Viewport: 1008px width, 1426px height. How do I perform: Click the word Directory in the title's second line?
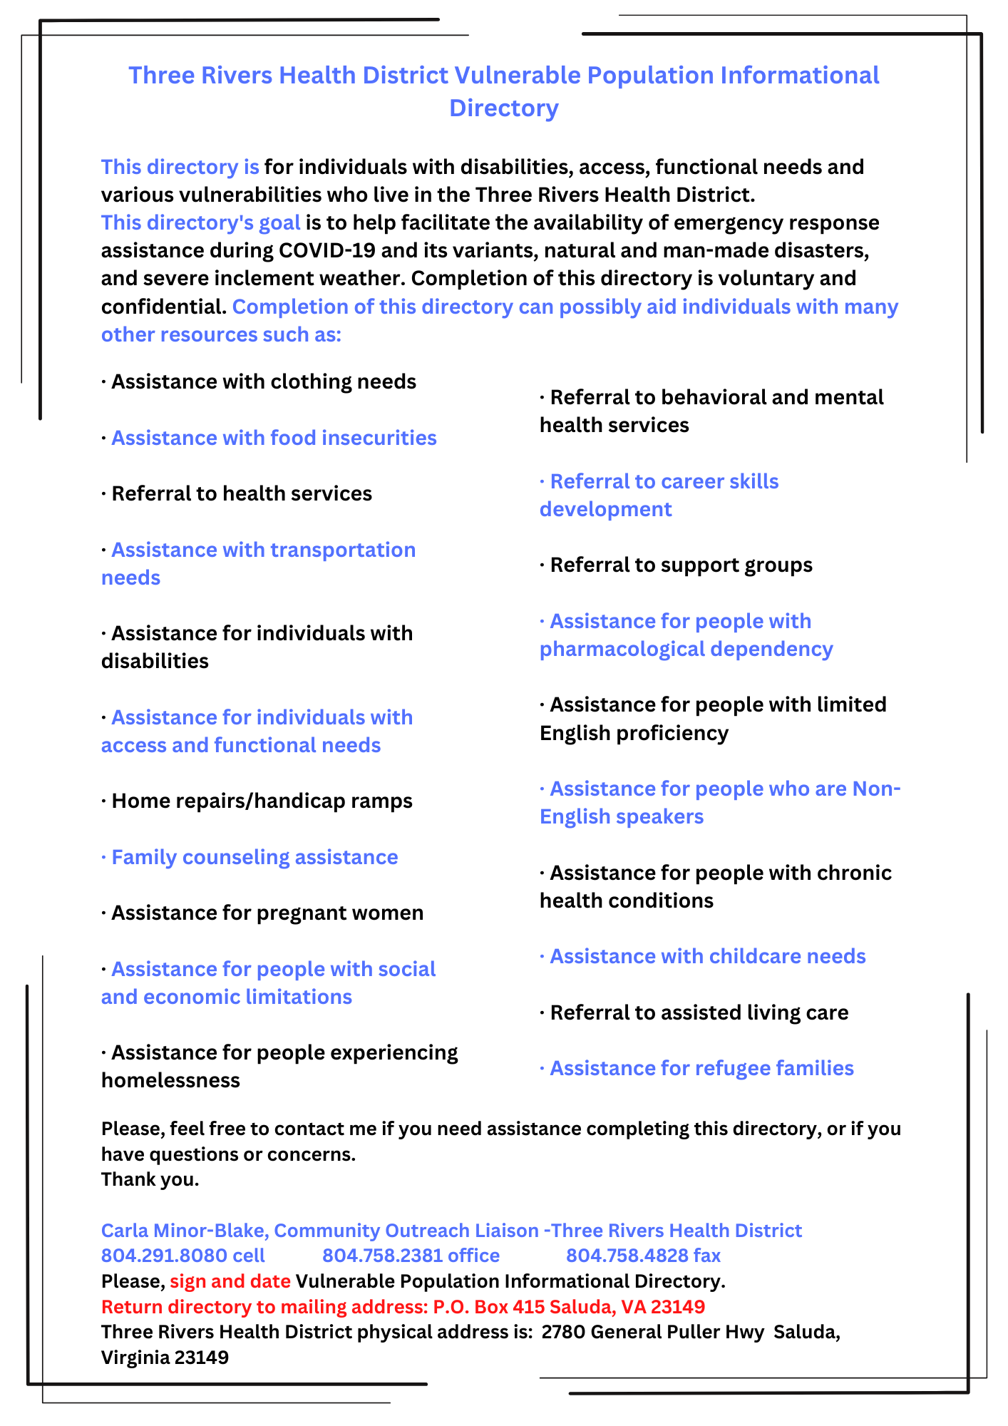(503, 108)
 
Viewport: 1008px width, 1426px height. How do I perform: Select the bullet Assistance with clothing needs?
(259, 382)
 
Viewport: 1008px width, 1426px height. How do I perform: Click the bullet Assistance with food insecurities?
(269, 438)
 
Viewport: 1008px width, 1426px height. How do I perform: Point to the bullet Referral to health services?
(237, 494)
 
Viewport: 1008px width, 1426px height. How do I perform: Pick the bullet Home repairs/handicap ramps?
(257, 801)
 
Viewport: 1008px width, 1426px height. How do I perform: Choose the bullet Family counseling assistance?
(250, 858)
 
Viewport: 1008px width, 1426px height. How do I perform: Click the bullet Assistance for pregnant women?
(262, 913)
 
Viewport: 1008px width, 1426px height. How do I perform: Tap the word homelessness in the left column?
(170, 1081)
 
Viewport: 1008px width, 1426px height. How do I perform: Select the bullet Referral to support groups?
(676, 565)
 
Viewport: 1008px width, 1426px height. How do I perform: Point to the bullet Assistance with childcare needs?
(703, 957)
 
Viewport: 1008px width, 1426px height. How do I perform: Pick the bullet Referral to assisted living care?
(694, 1013)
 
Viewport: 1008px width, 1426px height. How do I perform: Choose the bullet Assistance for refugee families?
(696, 1069)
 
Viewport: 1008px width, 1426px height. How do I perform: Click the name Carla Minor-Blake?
(185, 1231)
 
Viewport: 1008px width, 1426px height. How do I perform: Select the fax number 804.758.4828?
(627, 1256)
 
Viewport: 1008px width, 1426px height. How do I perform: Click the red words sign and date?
(230, 1282)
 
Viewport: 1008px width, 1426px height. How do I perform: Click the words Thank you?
(150, 1180)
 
